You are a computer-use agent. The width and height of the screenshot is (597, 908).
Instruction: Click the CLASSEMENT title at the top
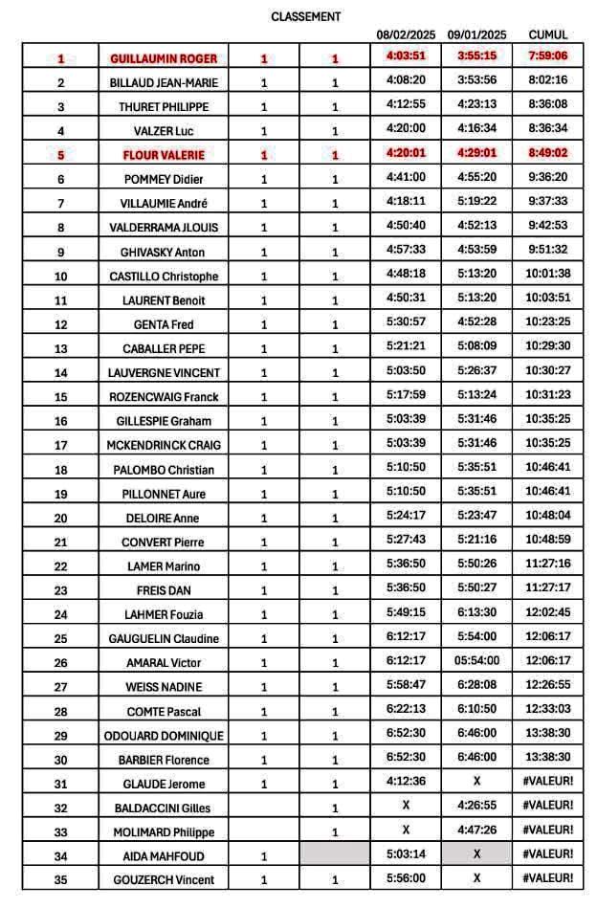click(306, 16)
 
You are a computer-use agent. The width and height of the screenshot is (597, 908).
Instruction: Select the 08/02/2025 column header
click(406, 34)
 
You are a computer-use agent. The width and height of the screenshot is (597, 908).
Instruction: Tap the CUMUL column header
click(547, 34)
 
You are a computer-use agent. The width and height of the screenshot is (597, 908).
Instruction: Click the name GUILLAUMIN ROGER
click(164, 58)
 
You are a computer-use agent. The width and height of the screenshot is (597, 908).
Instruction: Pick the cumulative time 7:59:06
click(547, 56)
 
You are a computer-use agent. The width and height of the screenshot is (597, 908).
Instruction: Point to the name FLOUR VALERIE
click(164, 155)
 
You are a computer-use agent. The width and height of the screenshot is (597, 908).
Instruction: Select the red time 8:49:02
click(547, 153)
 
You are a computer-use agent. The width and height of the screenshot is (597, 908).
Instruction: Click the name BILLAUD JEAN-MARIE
click(164, 82)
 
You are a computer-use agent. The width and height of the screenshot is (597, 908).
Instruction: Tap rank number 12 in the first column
click(61, 324)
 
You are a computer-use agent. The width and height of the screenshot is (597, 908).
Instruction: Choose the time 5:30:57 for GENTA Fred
click(406, 321)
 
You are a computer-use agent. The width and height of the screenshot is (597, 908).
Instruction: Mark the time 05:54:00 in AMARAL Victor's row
click(476, 660)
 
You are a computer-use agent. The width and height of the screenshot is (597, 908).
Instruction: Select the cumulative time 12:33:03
click(547, 709)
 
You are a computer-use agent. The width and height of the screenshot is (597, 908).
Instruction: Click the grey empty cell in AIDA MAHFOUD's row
click(335, 854)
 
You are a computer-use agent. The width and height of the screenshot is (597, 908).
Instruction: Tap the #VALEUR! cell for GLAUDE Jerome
click(547, 782)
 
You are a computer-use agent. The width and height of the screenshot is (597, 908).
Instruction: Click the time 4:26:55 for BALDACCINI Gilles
click(476, 806)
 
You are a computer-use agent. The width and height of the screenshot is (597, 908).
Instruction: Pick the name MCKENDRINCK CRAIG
click(164, 445)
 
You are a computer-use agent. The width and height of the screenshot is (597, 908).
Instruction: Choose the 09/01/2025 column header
click(476, 34)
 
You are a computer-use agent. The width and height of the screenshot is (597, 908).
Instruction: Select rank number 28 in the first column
click(61, 712)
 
